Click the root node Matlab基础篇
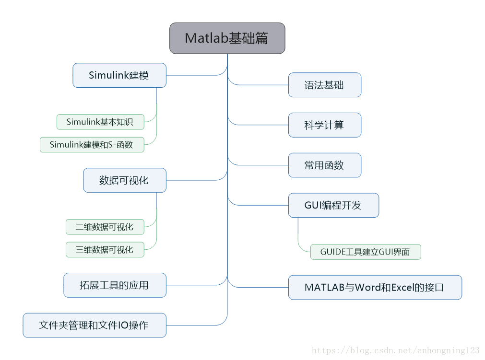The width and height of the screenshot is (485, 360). click(227, 38)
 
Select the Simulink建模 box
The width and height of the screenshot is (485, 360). click(119, 75)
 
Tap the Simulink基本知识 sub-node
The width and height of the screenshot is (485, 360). click(100, 122)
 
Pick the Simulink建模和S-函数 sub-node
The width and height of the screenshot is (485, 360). click(92, 144)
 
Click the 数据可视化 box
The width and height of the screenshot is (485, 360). click(125, 180)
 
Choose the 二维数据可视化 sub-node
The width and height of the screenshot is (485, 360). click(105, 227)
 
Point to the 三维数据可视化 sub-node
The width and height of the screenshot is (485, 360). click(105, 249)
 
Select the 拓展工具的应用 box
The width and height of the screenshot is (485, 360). click(115, 285)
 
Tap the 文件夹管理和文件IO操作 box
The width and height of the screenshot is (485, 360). click(95, 325)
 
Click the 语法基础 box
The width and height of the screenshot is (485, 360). click(324, 85)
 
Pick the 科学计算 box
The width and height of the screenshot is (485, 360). click(324, 125)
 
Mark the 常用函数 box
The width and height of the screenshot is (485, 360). click(324, 165)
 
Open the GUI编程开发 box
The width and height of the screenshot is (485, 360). click(333, 205)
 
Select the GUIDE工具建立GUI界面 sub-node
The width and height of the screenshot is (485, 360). click(365, 252)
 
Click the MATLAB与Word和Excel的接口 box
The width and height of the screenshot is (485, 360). click(375, 287)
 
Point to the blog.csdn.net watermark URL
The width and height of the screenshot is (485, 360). click(395, 351)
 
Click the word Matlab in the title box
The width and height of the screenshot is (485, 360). click(206, 38)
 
